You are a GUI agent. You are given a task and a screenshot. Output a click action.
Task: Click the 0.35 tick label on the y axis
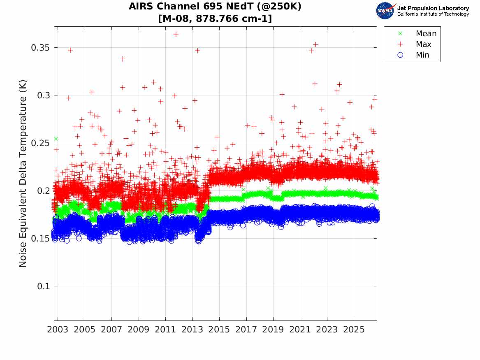(40, 48)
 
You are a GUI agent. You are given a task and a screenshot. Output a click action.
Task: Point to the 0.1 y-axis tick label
(43, 286)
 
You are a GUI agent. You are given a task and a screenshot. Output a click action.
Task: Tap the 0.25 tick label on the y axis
(40, 143)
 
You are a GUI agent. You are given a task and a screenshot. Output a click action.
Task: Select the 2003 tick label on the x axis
(58, 330)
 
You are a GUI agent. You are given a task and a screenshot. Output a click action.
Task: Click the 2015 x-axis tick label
(219, 330)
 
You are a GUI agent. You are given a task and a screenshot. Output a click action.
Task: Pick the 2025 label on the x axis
(354, 330)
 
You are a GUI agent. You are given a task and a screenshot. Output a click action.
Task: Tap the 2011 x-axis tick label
(165, 330)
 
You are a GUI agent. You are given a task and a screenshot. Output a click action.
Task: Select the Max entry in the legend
(414, 44)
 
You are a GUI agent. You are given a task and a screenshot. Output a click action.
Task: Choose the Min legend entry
(413, 55)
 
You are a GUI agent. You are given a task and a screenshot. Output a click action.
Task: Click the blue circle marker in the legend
(400, 55)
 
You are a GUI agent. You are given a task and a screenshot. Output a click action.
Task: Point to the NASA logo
(385, 11)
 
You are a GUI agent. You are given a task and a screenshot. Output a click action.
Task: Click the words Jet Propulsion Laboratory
(433, 8)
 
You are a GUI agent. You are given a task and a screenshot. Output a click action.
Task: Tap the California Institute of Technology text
(433, 14)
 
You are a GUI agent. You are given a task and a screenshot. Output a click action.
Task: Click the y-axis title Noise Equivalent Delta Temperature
(23, 174)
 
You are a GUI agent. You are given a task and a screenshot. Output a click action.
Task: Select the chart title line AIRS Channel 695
(215, 7)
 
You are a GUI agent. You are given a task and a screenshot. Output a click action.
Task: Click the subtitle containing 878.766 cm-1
(215, 19)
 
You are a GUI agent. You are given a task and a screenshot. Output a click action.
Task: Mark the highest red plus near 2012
(176, 34)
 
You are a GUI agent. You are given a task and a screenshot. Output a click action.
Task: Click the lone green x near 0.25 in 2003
(56, 139)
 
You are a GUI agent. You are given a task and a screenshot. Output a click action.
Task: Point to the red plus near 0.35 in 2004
(70, 50)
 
